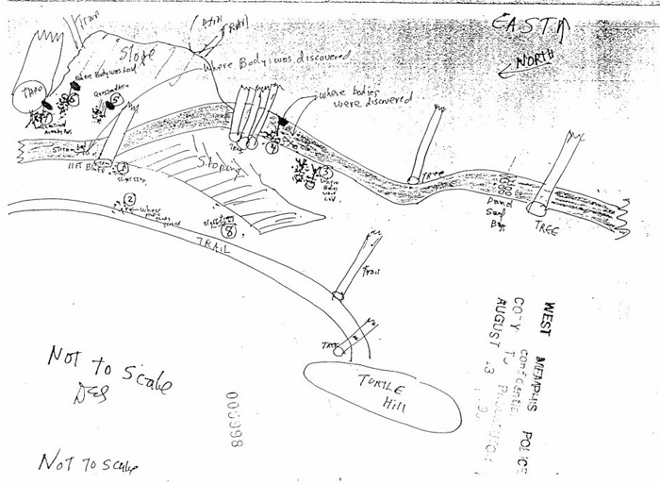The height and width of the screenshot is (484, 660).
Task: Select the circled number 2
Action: tap(130, 199)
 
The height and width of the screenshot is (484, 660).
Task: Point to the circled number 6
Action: tap(74, 101)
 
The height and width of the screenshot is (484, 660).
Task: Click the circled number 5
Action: tap(116, 98)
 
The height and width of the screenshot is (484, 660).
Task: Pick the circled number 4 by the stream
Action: tap(272, 148)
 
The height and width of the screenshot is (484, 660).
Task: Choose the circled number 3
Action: tap(323, 172)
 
